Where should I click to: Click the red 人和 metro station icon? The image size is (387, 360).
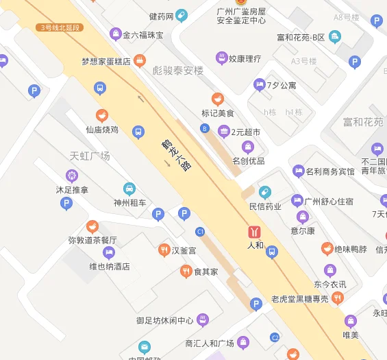[x=255, y=231]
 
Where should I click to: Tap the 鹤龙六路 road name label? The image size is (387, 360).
[x=175, y=155]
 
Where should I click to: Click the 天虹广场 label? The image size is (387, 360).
[x=90, y=156]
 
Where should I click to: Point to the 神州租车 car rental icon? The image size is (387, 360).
[x=129, y=189]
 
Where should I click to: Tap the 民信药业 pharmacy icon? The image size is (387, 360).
[x=265, y=192]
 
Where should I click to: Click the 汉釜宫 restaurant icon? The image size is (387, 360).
[x=164, y=250]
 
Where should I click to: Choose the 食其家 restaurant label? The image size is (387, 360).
[x=205, y=272]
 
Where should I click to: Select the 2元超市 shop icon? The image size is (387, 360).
[x=223, y=131]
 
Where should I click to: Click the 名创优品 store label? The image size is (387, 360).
[x=248, y=161]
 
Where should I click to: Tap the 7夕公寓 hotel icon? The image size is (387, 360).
[x=259, y=85]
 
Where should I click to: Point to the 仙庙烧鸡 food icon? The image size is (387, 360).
[x=102, y=115]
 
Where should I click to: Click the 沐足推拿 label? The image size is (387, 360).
[x=72, y=189]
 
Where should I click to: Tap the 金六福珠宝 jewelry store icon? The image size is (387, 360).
[x=114, y=34]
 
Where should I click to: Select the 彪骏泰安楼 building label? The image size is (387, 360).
[x=178, y=70]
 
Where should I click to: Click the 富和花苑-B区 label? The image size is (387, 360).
[x=300, y=37]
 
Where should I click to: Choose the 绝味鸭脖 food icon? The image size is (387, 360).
[x=327, y=249]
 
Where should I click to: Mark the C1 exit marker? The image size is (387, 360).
[x=200, y=231]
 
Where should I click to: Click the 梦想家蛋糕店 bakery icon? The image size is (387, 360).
[x=139, y=61]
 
